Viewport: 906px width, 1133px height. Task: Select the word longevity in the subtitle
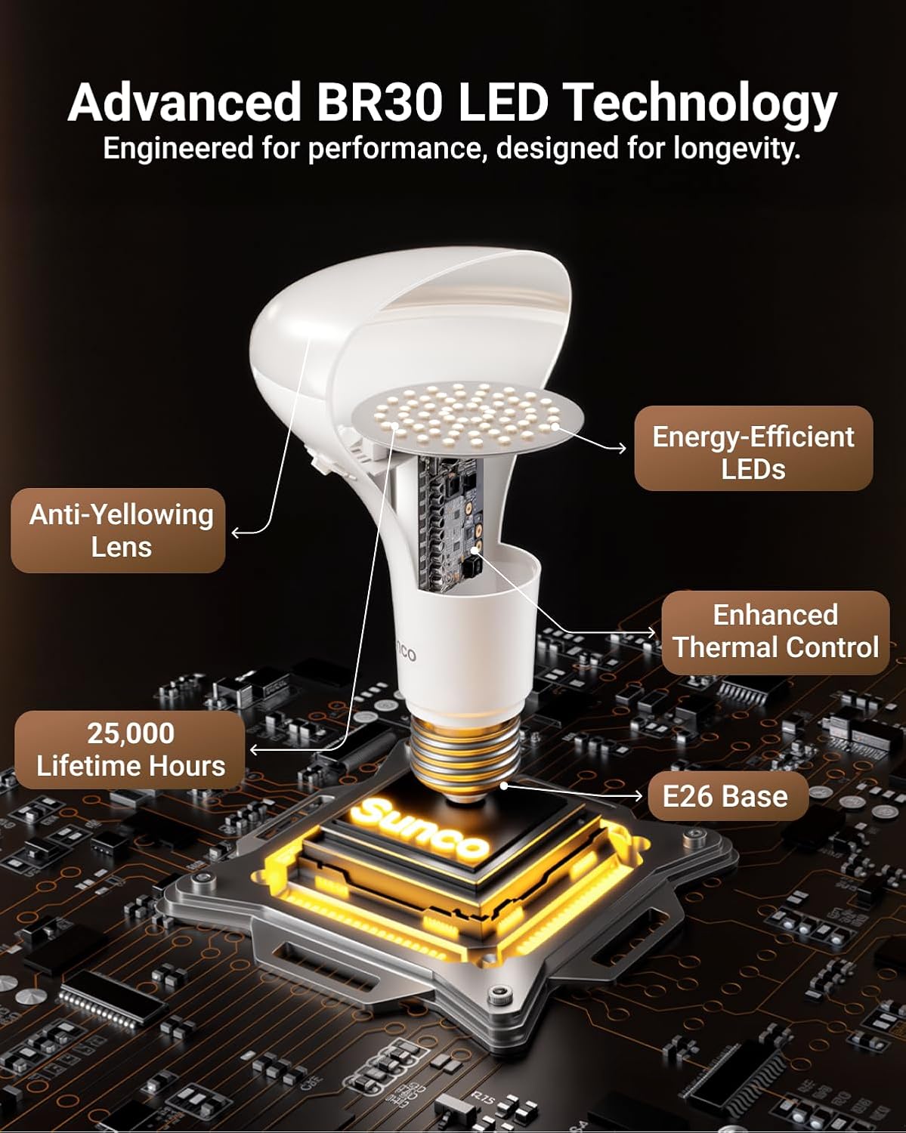[x=736, y=148]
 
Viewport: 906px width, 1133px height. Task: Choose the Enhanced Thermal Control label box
[x=775, y=632]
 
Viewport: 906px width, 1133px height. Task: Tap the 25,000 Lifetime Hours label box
[x=130, y=750]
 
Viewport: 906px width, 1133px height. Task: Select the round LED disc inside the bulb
[x=469, y=416]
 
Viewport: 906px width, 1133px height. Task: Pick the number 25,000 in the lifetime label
[x=131, y=733]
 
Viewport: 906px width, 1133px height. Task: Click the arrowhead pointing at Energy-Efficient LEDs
[x=623, y=449]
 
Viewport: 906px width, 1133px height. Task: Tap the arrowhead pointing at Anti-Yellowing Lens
[x=236, y=533]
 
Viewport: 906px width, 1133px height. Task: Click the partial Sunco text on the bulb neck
[x=406, y=651]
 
